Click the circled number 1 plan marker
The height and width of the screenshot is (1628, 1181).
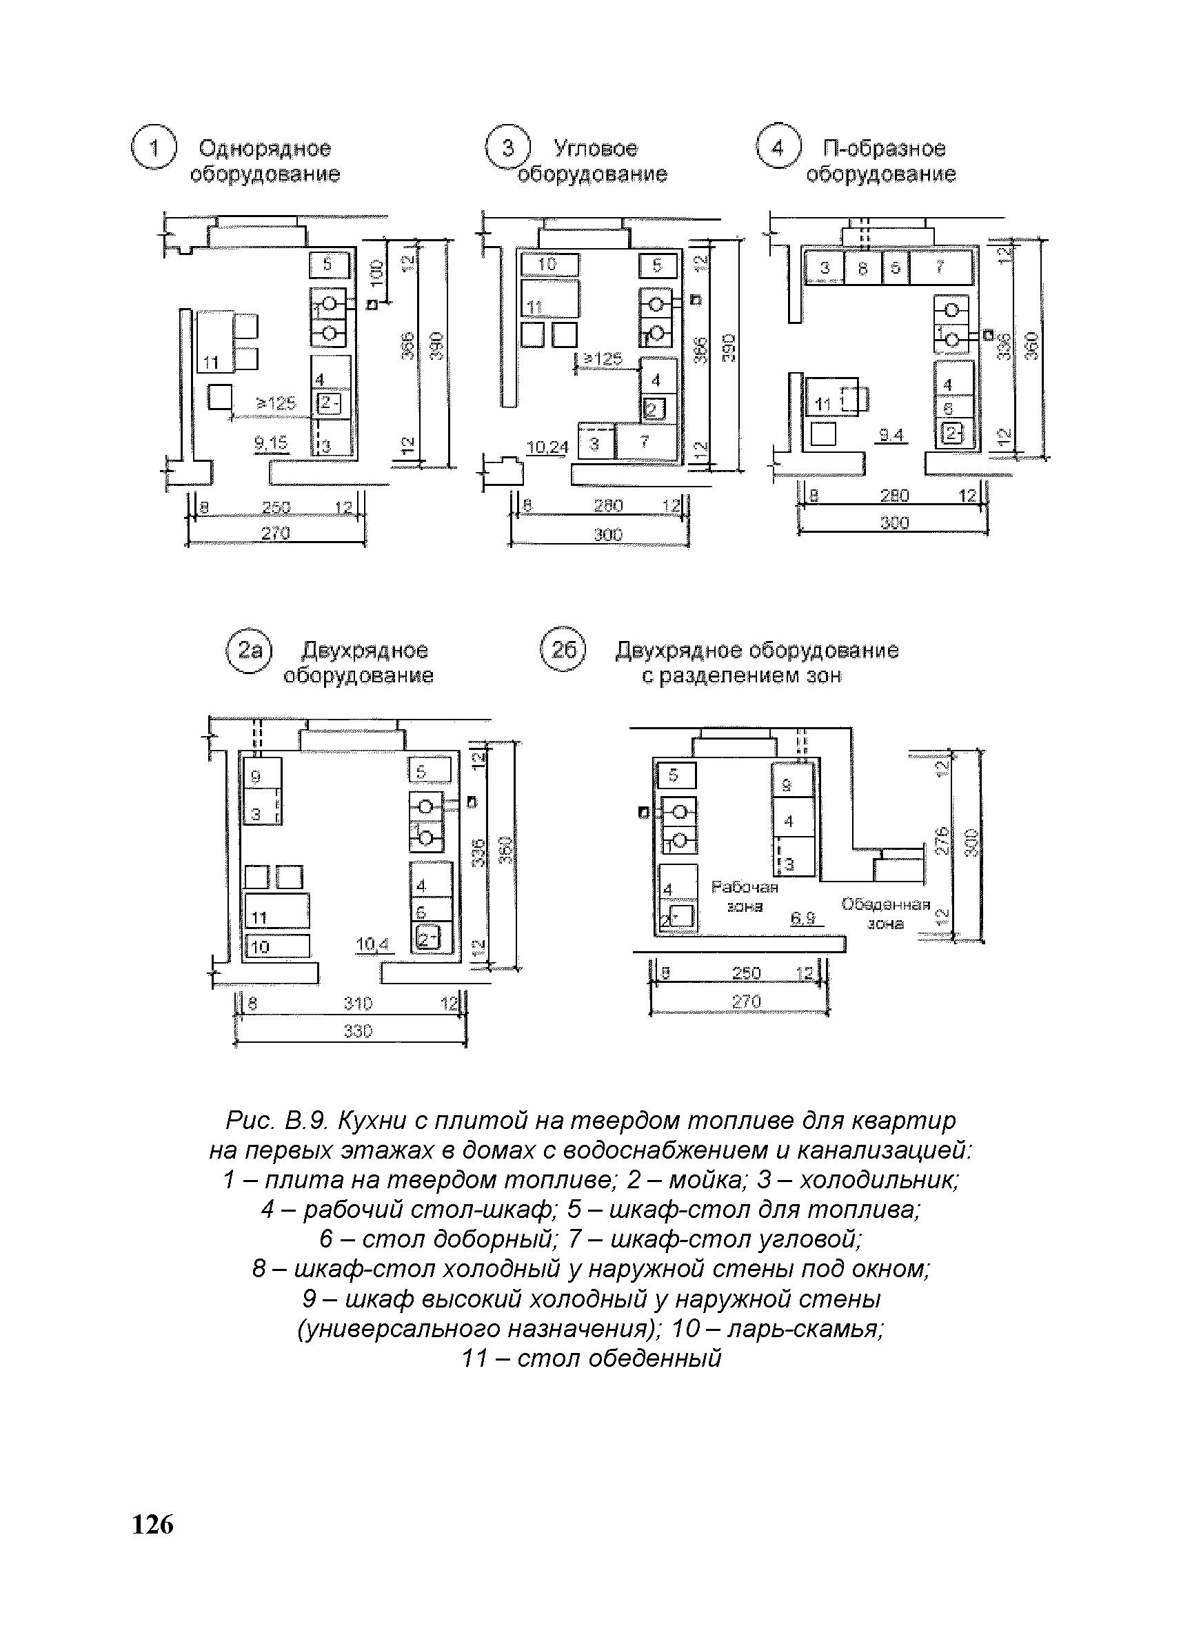click(x=153, y=148)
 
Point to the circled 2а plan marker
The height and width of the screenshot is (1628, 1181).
click(x=248, y=651)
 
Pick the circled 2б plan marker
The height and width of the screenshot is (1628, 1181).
click(x=563, y=650)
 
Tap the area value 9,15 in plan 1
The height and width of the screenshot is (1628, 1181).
click(x=271, y=445)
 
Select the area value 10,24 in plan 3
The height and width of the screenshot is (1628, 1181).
click(x=547, y=448)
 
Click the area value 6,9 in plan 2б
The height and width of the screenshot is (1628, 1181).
click(x=803, y=918)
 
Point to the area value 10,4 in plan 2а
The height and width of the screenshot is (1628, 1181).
click(x=372, y=945)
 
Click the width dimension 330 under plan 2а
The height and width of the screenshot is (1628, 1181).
click(x=358, y=1031)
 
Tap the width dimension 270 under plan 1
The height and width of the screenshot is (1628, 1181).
click(x=275, y=533)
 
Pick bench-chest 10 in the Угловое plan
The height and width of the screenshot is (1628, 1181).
click(x=549, y=265)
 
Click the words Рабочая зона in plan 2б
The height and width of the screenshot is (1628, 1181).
click(x=745, y=897)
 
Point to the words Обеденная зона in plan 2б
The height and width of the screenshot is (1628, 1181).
click(x=885, y=913)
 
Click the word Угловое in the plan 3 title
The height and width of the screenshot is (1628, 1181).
click(x=595, y=149)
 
